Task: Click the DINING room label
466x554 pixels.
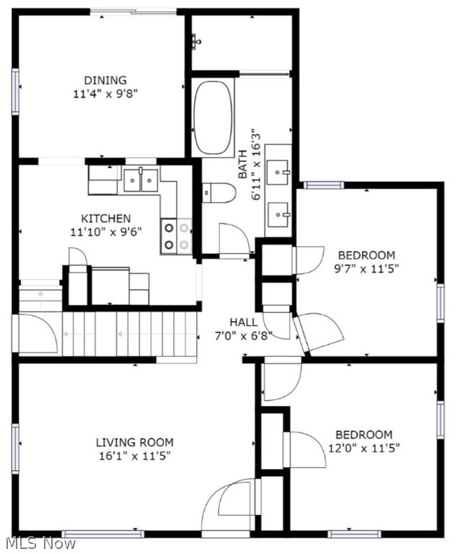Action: click(x=105, y=80)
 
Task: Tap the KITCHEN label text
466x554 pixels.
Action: click(x=105, y=219)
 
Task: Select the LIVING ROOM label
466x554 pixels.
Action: click(x=135, y=442)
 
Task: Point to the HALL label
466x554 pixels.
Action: click(x=244, y=322)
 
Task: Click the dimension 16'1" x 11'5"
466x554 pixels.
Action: click(x=135, y=455)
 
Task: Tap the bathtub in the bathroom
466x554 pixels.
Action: click(x=213, y=117)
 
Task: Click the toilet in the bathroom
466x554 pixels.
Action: click(x=219, y=193)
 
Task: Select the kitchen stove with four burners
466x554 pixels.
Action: click(x=176, y=236)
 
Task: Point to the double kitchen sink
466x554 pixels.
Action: click(x=140, y=180)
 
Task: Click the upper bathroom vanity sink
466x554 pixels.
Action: click(x=278, y=172)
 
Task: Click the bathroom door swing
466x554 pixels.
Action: click(x=232, y=238)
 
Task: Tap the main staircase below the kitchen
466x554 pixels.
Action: click(x=130, y=333)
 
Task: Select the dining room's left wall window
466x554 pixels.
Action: click(x=15, y=91)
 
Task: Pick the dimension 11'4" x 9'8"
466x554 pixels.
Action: click(x=105, y=93)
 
